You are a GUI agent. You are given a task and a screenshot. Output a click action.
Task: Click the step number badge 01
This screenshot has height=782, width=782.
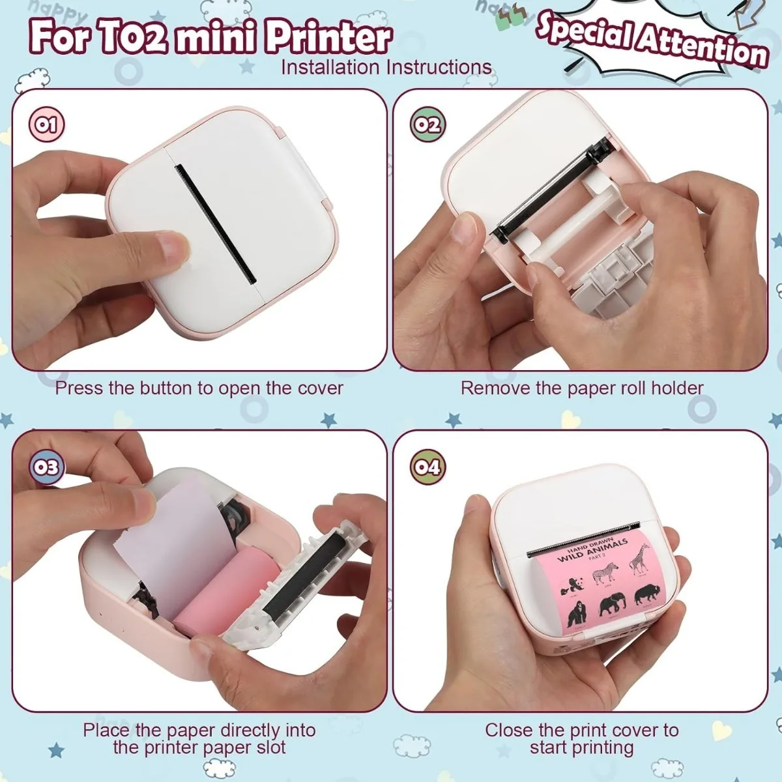[47, 124]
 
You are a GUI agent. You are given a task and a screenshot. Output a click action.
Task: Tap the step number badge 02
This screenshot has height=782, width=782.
[427, 124]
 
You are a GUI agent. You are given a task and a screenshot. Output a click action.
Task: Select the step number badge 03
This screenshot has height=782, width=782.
[47, 467]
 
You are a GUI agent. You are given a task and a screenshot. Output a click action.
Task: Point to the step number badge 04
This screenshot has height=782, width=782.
[428, 467]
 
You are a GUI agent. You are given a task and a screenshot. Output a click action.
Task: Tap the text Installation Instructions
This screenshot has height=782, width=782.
[386, 68]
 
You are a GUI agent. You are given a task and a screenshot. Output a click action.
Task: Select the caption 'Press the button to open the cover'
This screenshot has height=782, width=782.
[199, 388]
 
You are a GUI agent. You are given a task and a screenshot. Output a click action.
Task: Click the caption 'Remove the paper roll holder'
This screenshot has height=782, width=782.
[582, 388]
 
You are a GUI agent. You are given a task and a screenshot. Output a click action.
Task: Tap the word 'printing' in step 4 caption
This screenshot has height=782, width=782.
[600, 747]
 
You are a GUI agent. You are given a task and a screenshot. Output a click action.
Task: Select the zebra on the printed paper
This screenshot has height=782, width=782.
[605, 573]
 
